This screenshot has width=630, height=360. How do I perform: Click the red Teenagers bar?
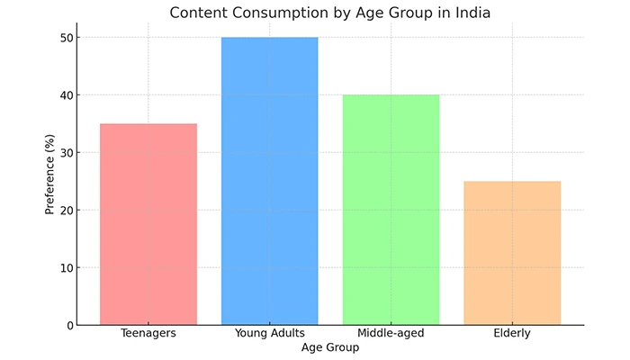point(148,224)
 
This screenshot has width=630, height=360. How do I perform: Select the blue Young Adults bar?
point(270,181)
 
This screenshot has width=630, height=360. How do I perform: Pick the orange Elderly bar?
point(512,253)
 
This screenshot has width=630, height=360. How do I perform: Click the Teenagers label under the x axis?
point(148,334)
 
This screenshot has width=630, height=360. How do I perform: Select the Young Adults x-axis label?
point(270,334)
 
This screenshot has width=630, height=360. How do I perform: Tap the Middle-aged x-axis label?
point(391,334)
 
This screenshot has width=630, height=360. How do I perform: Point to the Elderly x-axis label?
point(512,334)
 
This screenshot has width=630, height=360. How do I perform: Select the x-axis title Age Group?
point(330,347)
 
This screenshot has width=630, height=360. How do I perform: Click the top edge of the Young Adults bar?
point(270,38)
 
